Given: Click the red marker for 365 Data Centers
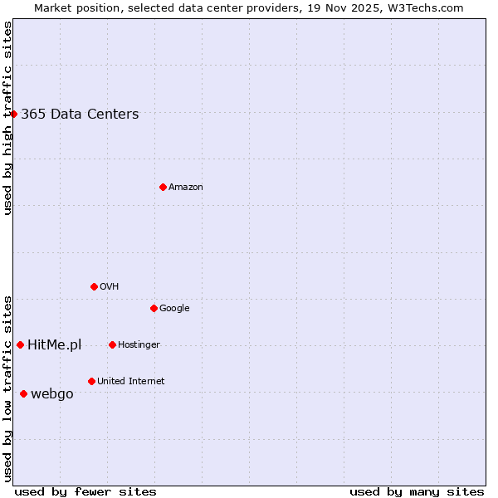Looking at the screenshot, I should point(14,114).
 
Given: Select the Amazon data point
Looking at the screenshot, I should point(163,187).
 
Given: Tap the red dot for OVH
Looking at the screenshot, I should point(94,286).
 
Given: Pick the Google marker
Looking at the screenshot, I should point(154,308).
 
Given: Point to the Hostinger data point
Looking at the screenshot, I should point(112,344).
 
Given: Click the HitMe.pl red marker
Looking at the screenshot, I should point(20,344).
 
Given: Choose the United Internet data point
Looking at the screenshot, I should point(91,381).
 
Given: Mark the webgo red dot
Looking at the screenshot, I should point(23,393).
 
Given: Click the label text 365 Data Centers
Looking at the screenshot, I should point(80,115).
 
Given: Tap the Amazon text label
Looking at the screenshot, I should point(186,188).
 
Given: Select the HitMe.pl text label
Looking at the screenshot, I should point(54,345).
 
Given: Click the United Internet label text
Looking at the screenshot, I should point(130,382).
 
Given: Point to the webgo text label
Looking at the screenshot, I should point(51,394).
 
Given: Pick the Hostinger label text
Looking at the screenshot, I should point(139,345).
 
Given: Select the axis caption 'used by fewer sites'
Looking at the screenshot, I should point(85,491).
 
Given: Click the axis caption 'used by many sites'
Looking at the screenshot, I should point(417,491).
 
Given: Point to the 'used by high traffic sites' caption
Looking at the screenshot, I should point(7,118).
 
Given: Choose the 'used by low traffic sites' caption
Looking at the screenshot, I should point(7,388).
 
